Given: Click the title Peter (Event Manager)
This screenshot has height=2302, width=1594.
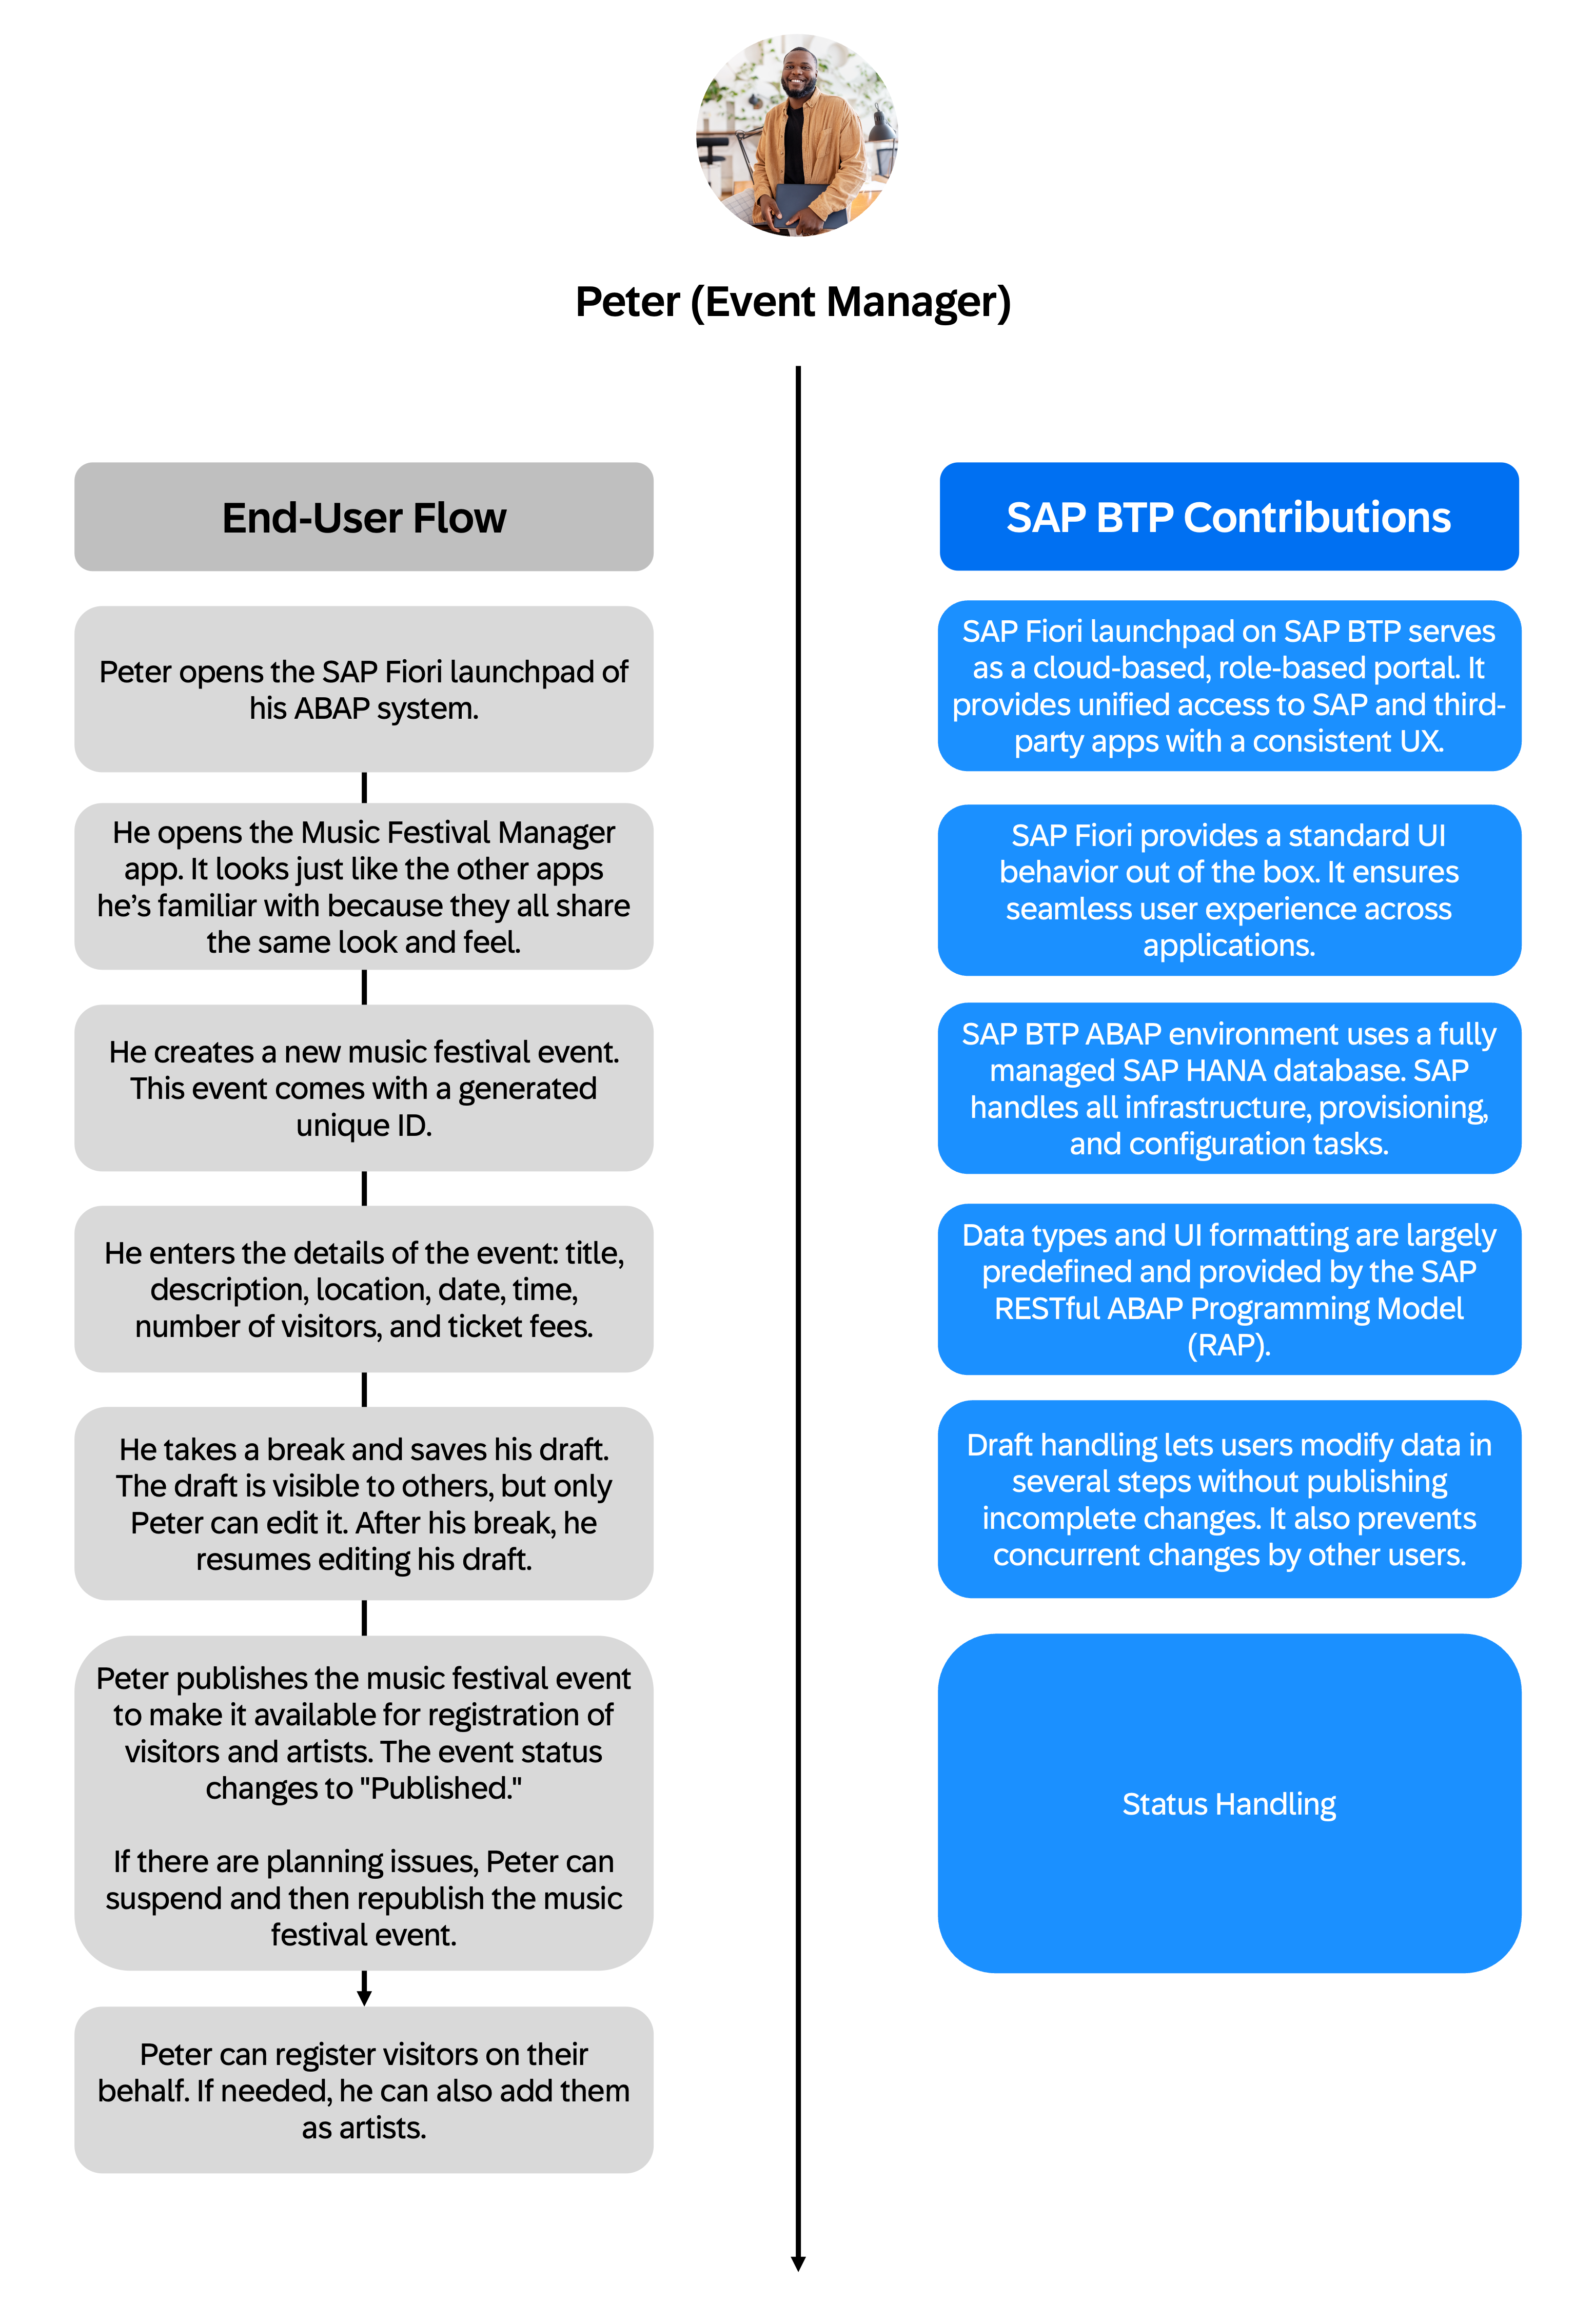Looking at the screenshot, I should (x=793, y=302).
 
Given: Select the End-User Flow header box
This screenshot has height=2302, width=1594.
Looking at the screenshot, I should (x=364, y=517).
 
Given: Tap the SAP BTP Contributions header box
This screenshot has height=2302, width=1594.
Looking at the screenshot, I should (x=1228, y=517).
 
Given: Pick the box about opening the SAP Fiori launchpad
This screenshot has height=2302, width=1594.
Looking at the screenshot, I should (x=364, y=689).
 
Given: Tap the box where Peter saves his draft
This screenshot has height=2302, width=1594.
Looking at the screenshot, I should (x=364, y=1503).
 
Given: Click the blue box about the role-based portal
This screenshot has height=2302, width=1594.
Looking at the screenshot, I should (x=1228, y=686).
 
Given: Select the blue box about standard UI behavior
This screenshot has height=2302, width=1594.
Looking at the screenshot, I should (x=1228, y=890).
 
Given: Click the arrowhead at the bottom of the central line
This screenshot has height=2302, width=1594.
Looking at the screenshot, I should (x=798, y=2263).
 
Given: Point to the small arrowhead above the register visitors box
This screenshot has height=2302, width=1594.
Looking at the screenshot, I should (x=364, y=1997).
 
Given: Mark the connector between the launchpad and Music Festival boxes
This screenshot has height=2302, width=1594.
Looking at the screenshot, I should (x=364, y=787).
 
